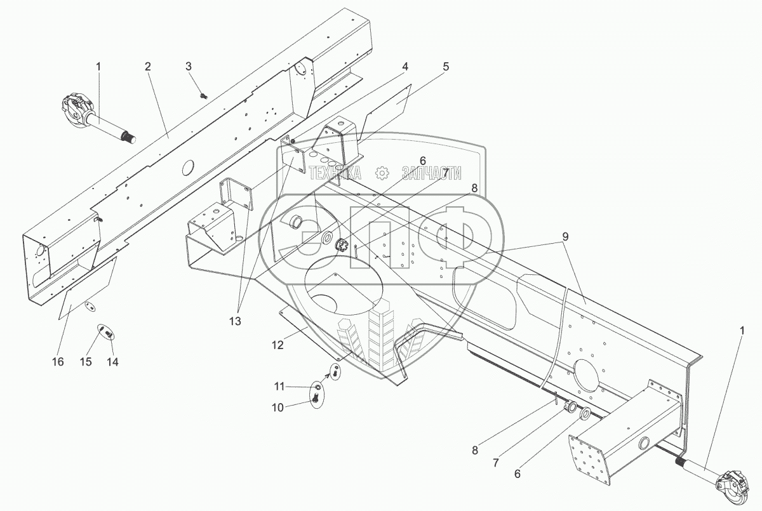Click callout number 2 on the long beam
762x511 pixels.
pos(147,66)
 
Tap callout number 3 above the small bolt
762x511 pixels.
pos(189,66)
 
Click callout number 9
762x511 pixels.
pos(565,236)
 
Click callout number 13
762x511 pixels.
pos(236,321)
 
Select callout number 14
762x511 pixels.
pos(113,362)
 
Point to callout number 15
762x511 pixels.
pos(86,362)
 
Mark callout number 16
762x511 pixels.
pos(58,362)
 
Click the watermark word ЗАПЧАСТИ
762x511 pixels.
pos(431,173)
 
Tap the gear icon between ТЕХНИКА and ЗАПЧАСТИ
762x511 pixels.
pos(382,173)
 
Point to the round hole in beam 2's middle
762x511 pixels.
pos(188,168)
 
